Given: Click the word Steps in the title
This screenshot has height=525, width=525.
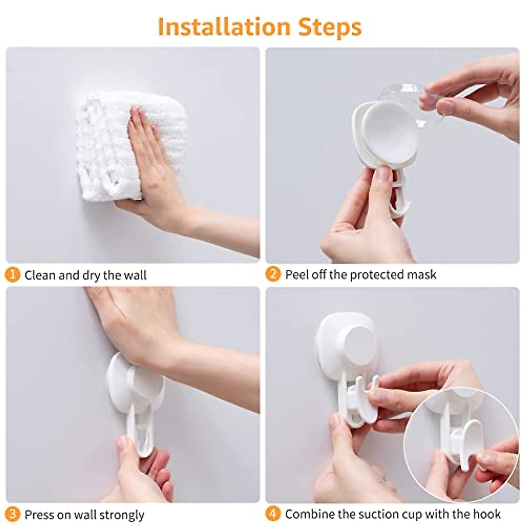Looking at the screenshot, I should click(x=330, y=27).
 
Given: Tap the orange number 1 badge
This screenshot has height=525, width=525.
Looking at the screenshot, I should click(x=13, y=275).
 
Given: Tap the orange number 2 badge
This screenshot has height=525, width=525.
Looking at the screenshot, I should click(x=273, y=274).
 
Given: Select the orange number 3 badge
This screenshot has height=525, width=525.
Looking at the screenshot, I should click(x=13, y=514).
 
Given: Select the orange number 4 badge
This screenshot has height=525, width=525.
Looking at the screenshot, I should click(x=273, y=514).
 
